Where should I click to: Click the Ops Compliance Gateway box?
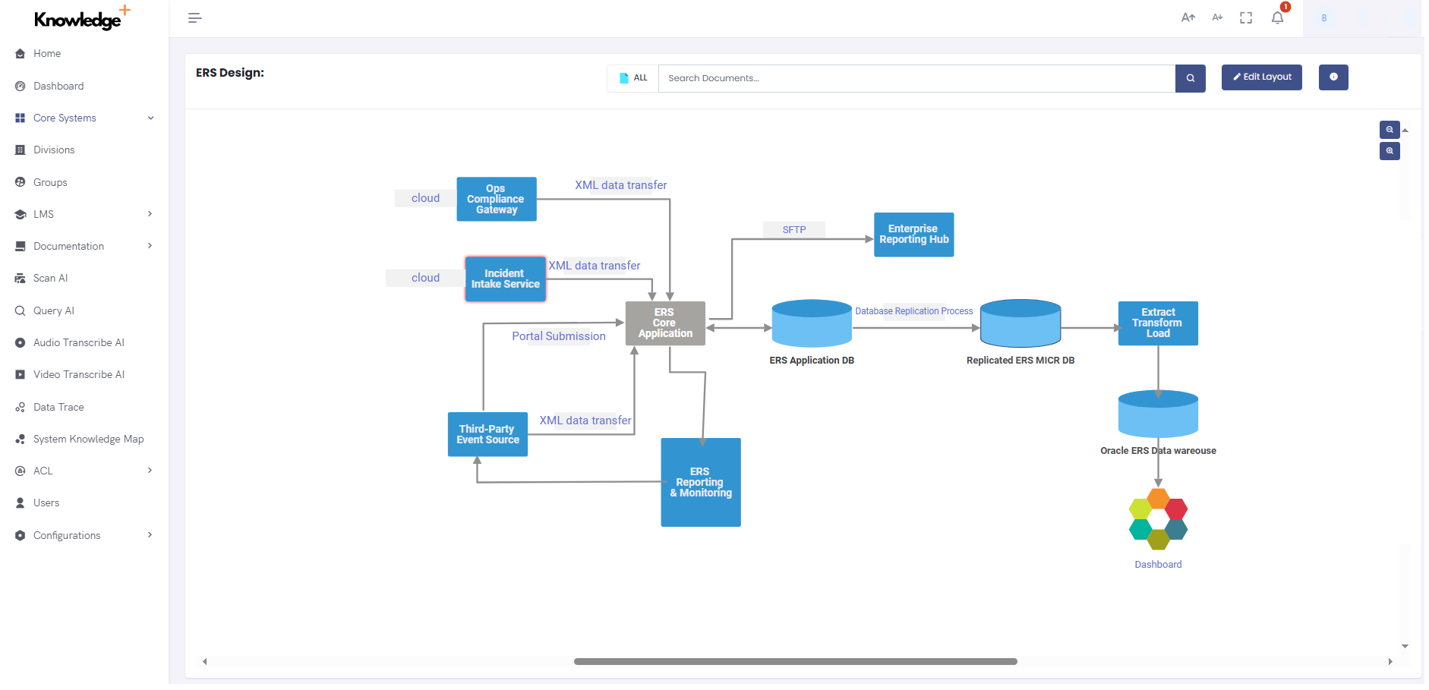496,199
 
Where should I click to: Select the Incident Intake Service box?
505,279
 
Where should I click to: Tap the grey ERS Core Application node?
664,323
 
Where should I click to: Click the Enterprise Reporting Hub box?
913,235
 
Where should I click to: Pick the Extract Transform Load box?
1157,323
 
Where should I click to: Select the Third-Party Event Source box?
487,434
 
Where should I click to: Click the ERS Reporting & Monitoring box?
700,482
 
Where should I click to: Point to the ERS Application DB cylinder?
811,325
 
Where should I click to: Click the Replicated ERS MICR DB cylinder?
1020,325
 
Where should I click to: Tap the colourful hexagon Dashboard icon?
1157,519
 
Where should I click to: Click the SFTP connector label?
793,230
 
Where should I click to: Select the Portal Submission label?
558,336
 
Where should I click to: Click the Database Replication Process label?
913,311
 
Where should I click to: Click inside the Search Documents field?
915,78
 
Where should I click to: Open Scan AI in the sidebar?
50,279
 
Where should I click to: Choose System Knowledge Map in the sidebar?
88,440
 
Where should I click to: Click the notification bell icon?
1277,17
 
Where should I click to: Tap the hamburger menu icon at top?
194,17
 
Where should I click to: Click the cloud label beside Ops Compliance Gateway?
425,198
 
